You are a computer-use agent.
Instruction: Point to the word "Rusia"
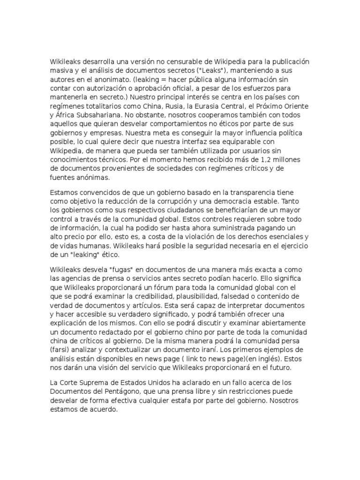pyautogui.click(x=178, y=106)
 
